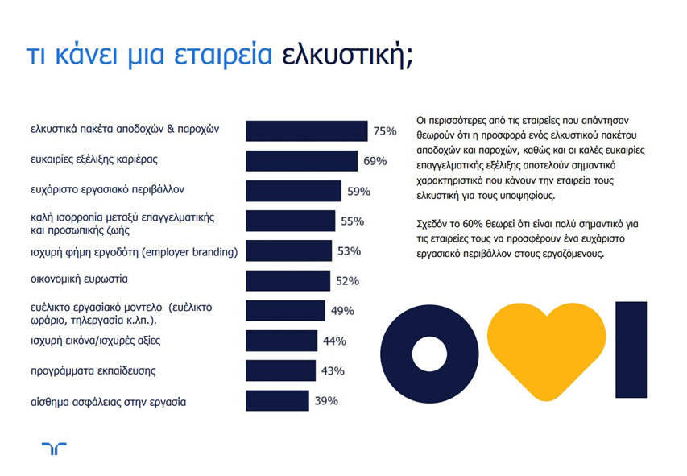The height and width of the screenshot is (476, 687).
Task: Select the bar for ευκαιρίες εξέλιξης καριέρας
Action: [301, 161]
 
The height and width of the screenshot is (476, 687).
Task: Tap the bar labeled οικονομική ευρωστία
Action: [288, 280]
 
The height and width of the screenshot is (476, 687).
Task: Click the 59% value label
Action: [358, 192]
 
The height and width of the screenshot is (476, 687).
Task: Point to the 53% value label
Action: [348, 251]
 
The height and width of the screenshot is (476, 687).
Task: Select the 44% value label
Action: [334, 341]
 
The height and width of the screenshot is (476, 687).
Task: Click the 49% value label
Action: [342, 311]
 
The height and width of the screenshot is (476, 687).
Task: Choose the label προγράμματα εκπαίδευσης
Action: [93, 370]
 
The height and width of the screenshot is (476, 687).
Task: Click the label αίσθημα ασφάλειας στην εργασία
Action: [108, 400]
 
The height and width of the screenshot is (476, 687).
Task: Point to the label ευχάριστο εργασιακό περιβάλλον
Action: [108, 191]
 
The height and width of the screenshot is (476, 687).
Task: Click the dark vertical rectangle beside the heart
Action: [626, 353]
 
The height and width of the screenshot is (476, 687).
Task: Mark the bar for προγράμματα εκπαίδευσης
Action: [281, 370]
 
